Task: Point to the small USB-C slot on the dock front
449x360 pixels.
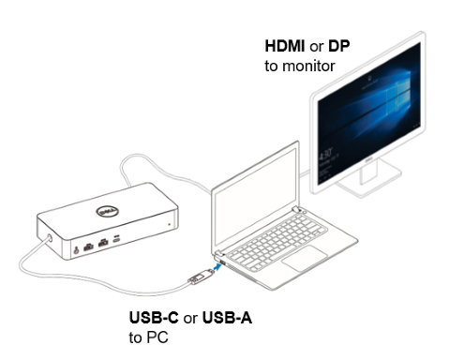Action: point(115,241)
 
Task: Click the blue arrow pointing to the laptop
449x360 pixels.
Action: point(219,266)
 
